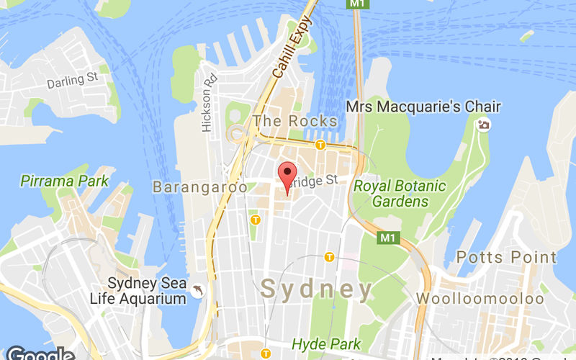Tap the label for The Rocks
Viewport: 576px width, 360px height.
pos(294,121)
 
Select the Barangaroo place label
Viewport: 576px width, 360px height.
pos(199,187)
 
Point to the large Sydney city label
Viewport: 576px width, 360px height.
pos(317,289)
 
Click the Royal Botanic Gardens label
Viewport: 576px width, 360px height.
pos(400,194)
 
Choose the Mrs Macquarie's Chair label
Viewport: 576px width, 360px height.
pos(423,107)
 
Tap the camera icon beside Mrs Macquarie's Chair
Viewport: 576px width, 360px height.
pos(484,125)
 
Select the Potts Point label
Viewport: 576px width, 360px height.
pos(507,257)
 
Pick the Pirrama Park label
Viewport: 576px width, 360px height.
pos(65,181)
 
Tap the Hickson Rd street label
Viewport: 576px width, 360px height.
pos(209,104)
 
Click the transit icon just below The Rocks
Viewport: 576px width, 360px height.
pos(321,145)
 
